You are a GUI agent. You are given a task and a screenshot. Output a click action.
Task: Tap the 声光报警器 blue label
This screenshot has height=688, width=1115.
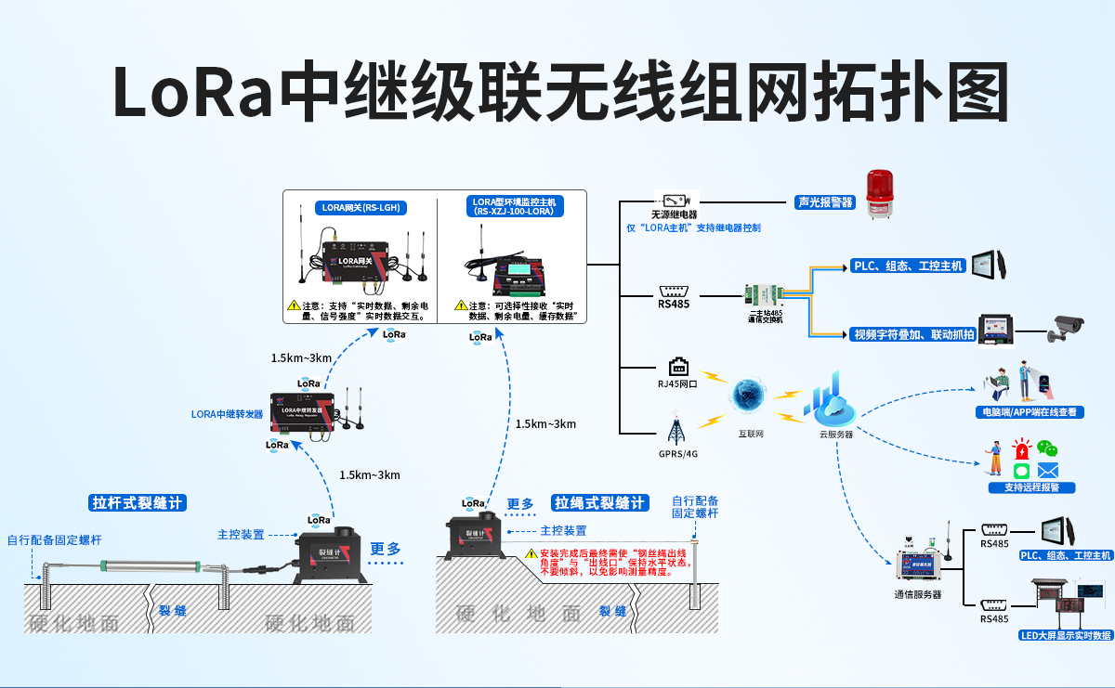pos(823,201)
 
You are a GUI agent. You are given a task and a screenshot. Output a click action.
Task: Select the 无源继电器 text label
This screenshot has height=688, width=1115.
pos(674,214)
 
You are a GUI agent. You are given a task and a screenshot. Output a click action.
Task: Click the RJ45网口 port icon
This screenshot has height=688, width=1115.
pos(676,366)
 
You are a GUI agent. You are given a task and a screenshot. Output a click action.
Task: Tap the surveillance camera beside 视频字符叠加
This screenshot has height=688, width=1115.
pos(1066,328)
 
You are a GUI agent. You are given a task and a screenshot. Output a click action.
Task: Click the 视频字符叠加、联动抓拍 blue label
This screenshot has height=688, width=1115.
pos(912,334)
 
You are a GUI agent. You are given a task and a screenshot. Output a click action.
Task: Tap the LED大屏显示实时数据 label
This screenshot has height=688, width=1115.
pos(1065,635)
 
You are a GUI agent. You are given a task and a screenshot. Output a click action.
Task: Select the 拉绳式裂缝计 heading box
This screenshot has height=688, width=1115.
pos(598,503)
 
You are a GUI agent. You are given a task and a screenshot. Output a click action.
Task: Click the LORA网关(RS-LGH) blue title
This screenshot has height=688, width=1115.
pos(358,207)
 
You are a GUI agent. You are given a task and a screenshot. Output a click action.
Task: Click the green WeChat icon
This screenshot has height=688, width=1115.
pos(1047,450)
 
